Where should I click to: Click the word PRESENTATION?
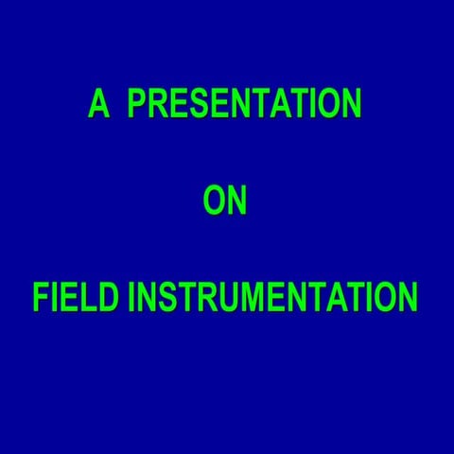244,105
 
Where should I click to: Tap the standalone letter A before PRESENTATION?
98,105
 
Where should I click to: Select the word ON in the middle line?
226,202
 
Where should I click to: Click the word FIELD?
78,298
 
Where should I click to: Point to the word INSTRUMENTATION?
272,298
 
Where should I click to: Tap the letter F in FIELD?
41,298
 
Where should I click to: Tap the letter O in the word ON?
215,202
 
